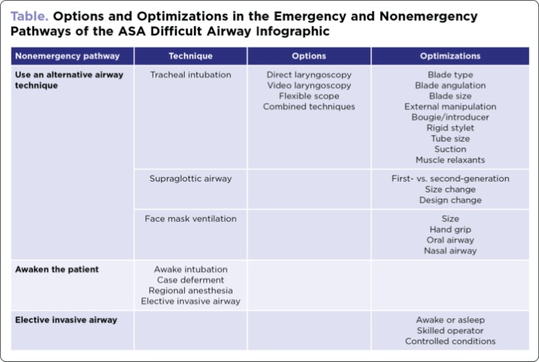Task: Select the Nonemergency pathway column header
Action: pyautogui.click(x=68, y=56)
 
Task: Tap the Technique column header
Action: pyautogui.click(x=190, y=56)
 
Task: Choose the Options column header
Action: pyautogui.click(x=309, y=56)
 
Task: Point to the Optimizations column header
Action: pyautogui.click(x=450, y=56)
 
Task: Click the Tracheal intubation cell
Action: pyautogui.click(x=190, y=75)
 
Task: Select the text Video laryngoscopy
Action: pyautogui.click(x=309, y=85)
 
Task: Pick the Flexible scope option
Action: pyautogui.click(x=309, y=96)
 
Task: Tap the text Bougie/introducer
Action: pyautogui.click(x=450, y=117)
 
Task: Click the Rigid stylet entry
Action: pyautogui.click(x=450, y=128)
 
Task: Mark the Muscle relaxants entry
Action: pyautogui.click(x=450, y=160)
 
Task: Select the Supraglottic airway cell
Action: pyautogui.click(x=190, y=179)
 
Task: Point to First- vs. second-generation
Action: pyautogui.click(x=450, y=179)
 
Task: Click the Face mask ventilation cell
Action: pyautogui.click(x=190, y=219)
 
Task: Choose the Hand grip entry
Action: pyautogui.click(x=450, y=230)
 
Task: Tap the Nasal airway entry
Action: pyautogui.click(x=450, y=250)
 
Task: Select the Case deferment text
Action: pyautogui.click(x=190, y=280)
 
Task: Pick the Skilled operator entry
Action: pyautogui.click(x=450, y=330)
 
